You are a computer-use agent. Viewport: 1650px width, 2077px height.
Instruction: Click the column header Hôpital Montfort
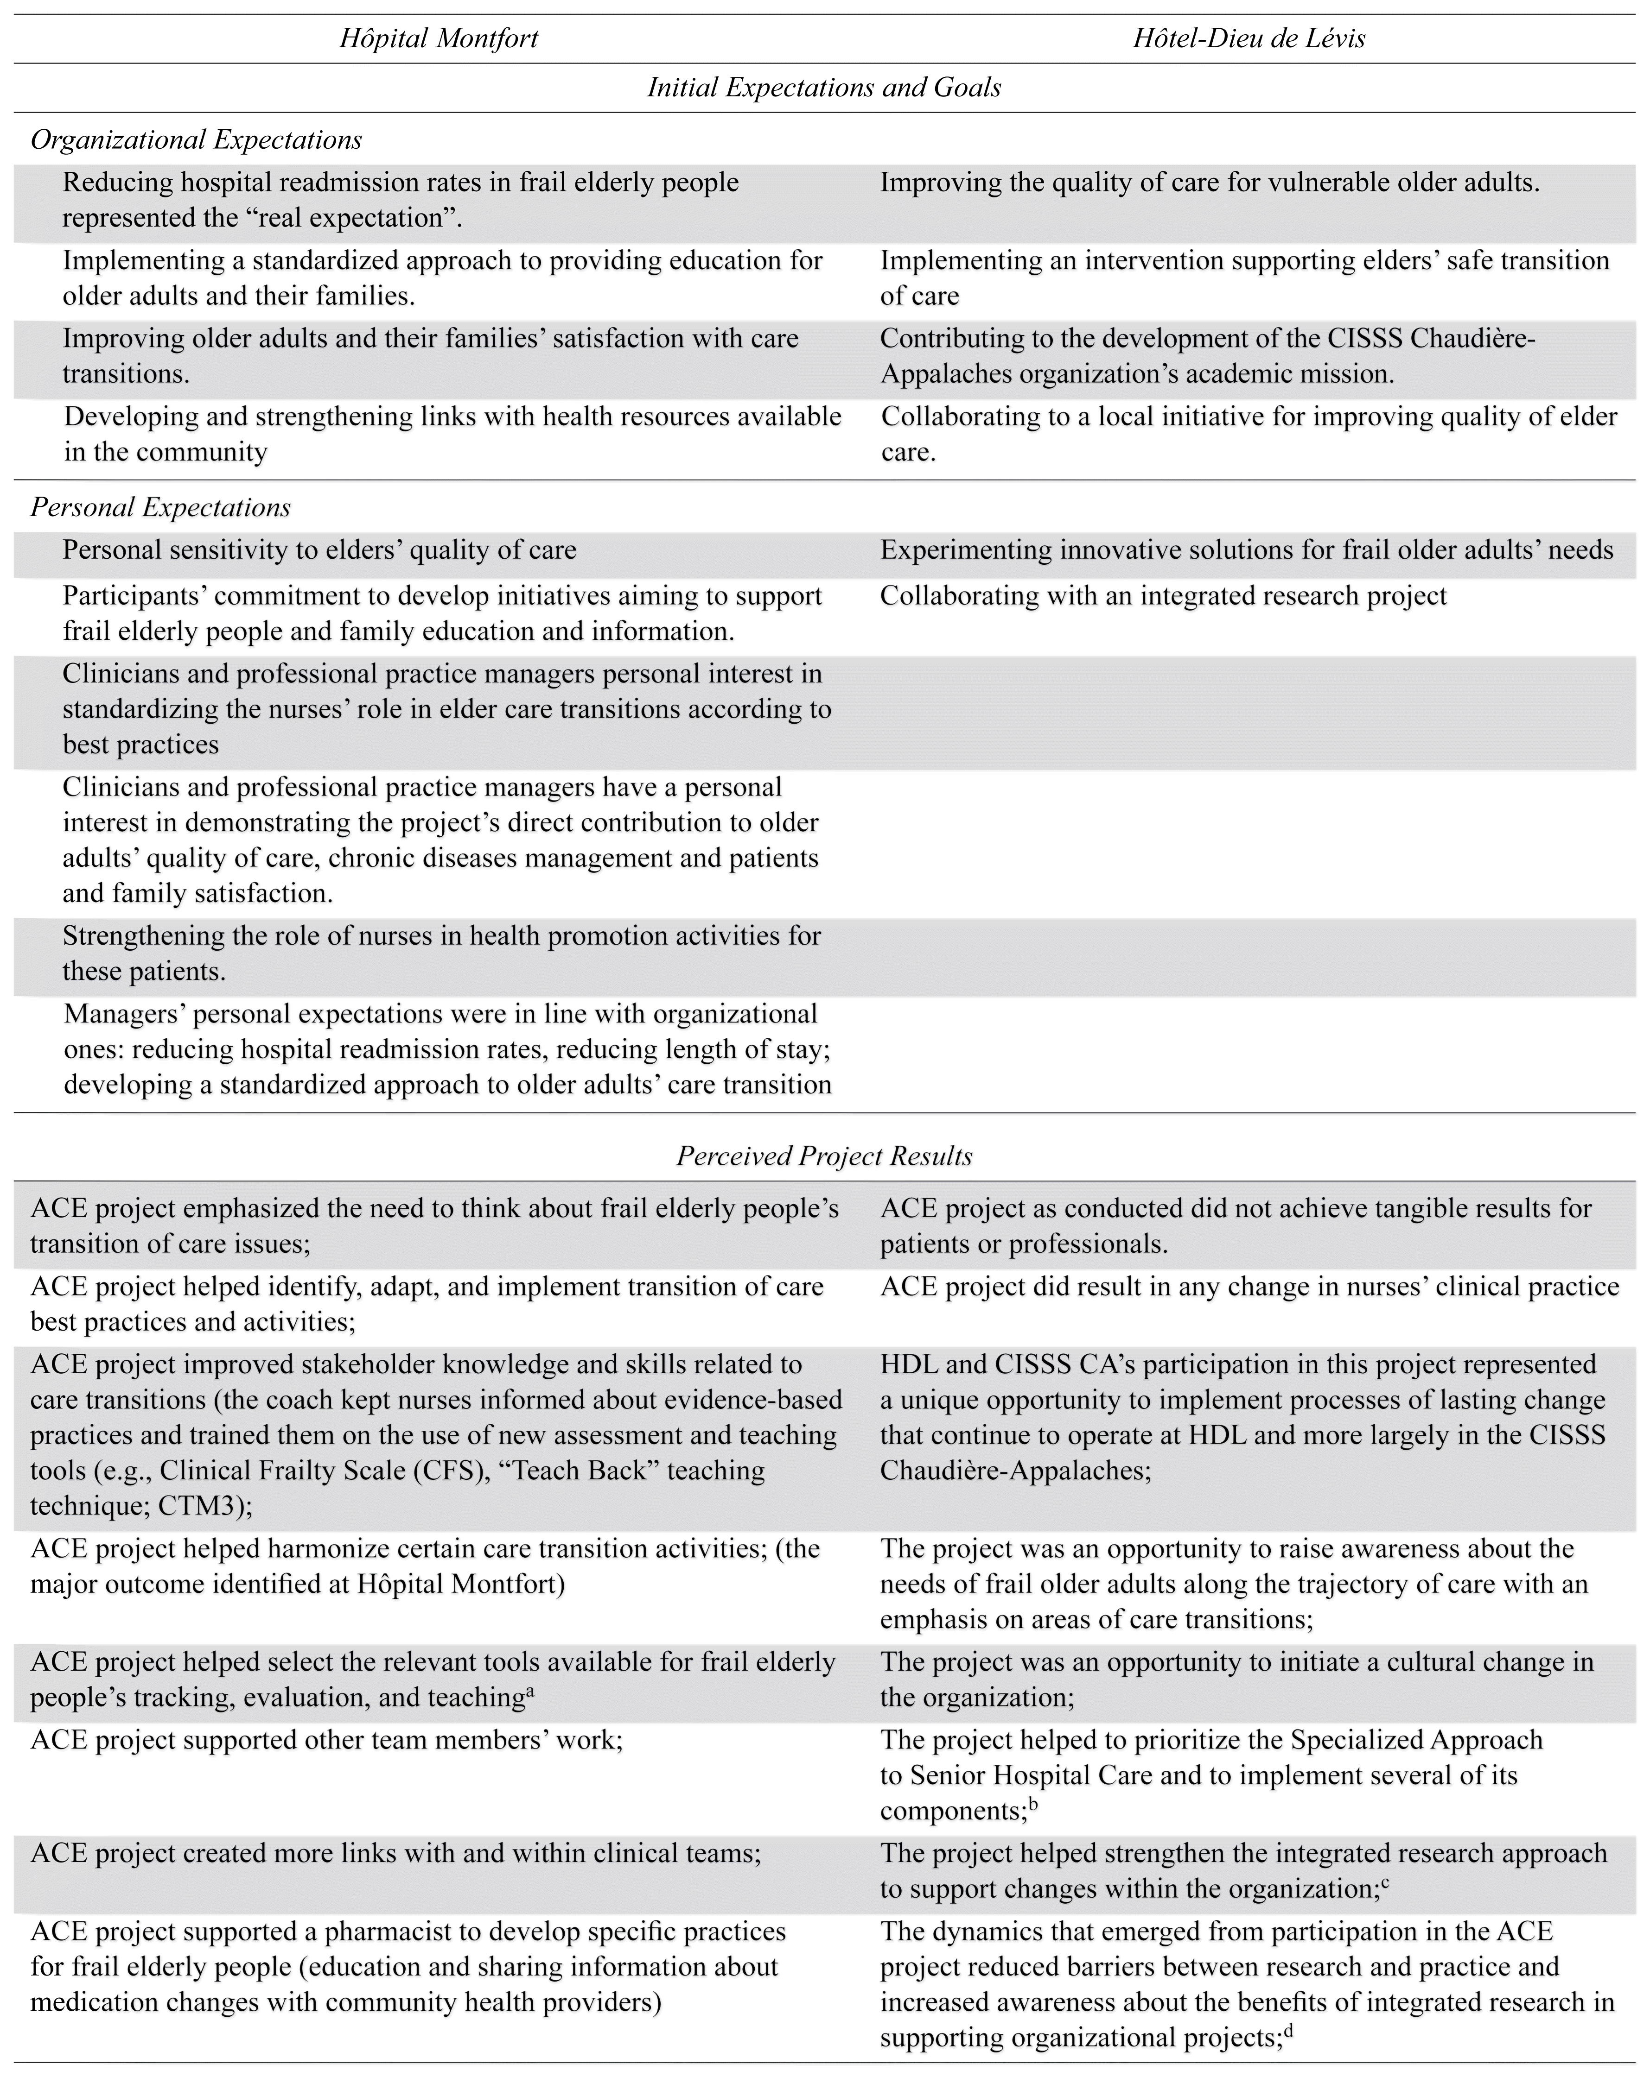(439, 38)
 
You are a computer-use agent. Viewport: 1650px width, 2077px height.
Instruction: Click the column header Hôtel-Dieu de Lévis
(1249, 38)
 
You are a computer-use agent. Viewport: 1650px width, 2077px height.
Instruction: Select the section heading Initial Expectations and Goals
(824, 88)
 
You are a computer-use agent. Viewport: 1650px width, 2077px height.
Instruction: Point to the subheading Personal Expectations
(161, 508)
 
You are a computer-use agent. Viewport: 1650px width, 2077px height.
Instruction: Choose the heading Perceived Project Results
(824, 1156)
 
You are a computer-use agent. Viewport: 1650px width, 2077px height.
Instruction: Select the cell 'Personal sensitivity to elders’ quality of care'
(320, 550)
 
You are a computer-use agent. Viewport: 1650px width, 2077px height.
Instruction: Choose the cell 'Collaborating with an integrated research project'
(1163, 596)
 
